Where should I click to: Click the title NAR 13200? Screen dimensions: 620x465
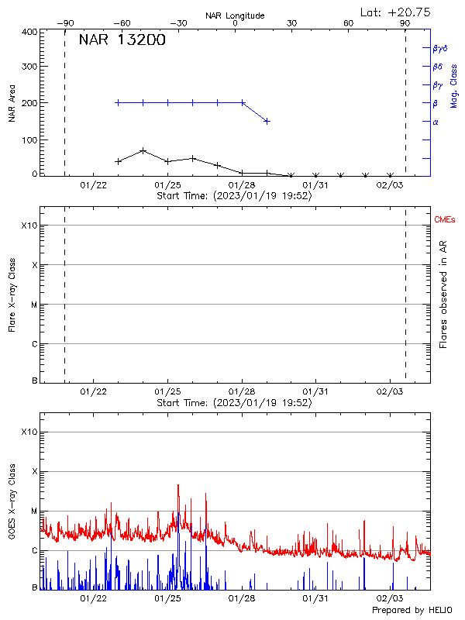[x=122, y=40]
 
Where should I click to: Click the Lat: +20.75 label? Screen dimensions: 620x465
[x=396, y=12]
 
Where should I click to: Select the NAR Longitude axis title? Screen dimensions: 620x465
[x=236, y=15]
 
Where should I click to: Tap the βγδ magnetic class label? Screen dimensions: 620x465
[x=439, y=48]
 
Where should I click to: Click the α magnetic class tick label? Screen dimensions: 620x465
[x=436, y=122]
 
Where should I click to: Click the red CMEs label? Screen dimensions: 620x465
[x=445, y=221]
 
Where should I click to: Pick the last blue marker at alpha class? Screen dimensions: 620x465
[x=267, y=121]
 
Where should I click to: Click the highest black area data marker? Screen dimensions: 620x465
[x=143, y=150]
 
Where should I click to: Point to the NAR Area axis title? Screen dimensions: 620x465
[x=12, y=102]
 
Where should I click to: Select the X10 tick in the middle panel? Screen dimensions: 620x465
[x=29, y=226]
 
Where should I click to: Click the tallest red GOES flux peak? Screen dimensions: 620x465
[x=178, y=485]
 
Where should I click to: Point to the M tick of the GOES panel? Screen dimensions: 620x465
[x=33, y=511]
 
